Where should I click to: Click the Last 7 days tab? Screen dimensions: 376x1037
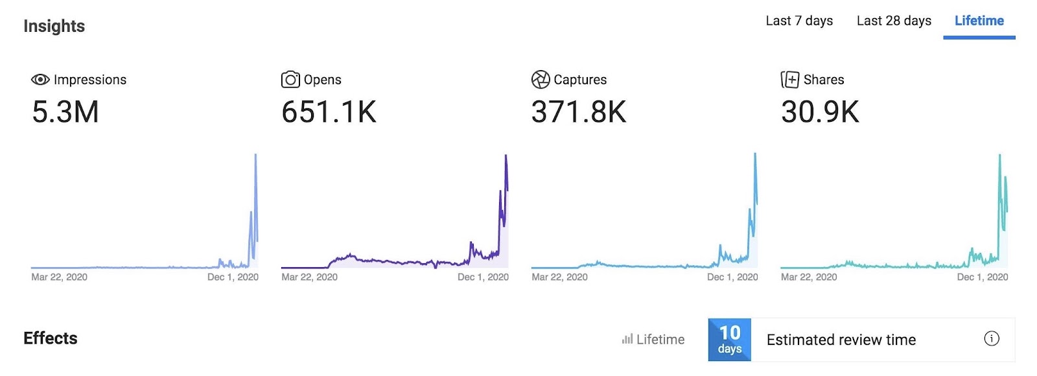point(799,21)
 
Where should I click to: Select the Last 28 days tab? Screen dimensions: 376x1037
point(894,21)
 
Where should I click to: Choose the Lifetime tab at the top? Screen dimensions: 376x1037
point(979,21)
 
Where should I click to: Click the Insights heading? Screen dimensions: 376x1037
point(54,26)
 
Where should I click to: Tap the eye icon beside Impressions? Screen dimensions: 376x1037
point(40,79)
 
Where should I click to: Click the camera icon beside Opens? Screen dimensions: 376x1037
point(290,79)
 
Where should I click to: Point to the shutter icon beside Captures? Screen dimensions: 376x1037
point(541,79)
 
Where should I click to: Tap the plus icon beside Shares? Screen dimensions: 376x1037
point(790,79)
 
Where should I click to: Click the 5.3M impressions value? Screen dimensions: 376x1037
point(65,112)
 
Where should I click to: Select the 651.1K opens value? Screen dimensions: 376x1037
point(329,112)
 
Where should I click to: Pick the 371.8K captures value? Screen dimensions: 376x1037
point(579,112)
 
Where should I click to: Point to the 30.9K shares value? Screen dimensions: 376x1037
point(820,112)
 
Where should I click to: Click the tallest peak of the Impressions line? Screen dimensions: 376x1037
point(256,155)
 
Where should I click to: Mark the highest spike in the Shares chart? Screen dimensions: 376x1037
point(999,156)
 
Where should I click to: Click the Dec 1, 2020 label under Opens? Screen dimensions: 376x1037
point(483,277)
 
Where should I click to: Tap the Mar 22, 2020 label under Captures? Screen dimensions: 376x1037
point(559,277)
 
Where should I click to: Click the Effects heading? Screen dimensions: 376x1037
point(51,338)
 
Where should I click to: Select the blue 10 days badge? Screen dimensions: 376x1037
point(730,340)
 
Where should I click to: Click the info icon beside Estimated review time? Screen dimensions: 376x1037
point(992,338)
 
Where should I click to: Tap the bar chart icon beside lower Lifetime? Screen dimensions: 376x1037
point(627,339)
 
